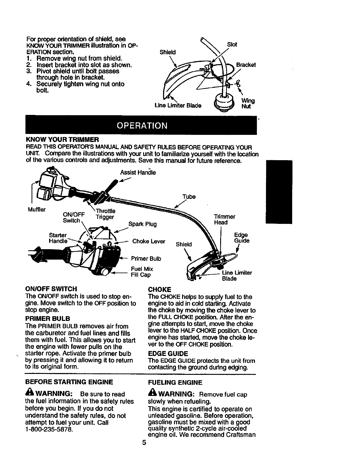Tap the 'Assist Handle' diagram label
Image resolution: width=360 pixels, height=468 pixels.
138,172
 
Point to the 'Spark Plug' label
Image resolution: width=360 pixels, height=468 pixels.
142,224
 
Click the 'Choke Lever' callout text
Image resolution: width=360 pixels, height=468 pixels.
149,241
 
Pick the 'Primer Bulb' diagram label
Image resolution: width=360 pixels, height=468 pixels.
146,258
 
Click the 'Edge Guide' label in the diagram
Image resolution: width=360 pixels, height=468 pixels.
242,238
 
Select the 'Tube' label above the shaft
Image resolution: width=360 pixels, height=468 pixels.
189,197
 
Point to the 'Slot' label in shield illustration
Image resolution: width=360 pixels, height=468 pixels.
232,44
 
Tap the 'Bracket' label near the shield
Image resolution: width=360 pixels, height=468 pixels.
246,65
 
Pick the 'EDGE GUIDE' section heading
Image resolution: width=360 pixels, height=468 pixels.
168,354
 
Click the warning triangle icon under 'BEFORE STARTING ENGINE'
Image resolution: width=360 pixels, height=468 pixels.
29,394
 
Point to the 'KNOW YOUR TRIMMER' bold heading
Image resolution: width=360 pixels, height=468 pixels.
62,139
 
